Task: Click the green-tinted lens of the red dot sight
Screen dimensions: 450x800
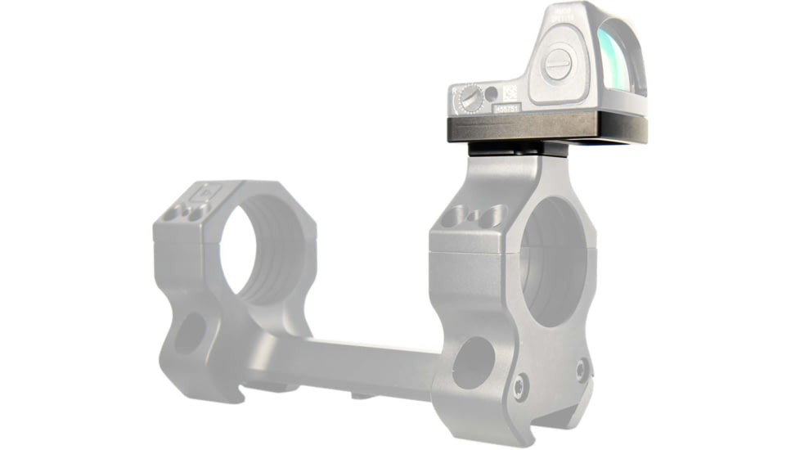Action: (x=623, y=61)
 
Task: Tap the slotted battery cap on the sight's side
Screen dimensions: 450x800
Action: (x=558, y=64)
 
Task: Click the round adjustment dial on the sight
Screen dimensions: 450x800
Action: (x=471, y=98)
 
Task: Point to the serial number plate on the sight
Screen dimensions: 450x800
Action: (x=506, y=107)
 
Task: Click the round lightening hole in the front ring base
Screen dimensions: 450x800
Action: (x=474, y=362)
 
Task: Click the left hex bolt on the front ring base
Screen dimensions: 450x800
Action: (x=520, y=386)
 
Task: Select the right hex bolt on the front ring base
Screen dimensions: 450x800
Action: (x=582, y=370)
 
